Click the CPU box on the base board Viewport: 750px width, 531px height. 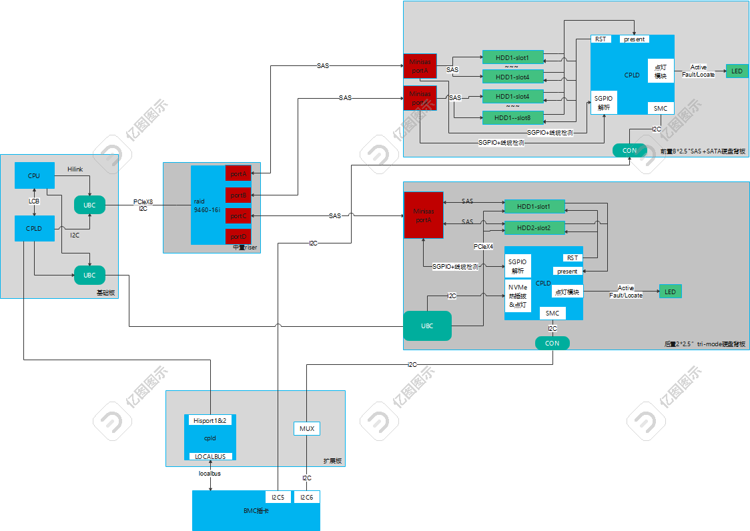click(34, 175)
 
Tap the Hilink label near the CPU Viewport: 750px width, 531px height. click(75, 169)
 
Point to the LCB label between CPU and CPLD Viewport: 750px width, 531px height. click(33, 201)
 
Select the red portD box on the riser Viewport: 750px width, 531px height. click(238, 236)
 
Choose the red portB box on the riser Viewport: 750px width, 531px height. click(238, 195)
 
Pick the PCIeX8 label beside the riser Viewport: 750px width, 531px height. click(143, 201)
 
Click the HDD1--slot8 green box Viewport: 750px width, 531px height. click(512, 118)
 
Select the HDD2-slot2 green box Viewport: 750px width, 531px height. click(534, 227)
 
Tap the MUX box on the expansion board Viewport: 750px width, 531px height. click(307, 428)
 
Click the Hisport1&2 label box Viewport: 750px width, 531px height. click(210, 420)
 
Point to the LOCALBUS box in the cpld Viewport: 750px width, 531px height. click(210, 456)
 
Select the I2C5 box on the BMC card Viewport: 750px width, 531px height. click(278, 497)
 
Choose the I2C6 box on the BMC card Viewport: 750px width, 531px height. click(306, 497)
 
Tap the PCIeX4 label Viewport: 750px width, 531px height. click(483, 247)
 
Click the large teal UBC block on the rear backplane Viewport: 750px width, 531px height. click(427, 326)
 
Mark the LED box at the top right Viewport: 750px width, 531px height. click(737, 71)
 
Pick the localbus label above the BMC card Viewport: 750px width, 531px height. click(210, 473)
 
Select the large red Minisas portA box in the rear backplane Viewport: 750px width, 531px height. click(424, 215)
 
